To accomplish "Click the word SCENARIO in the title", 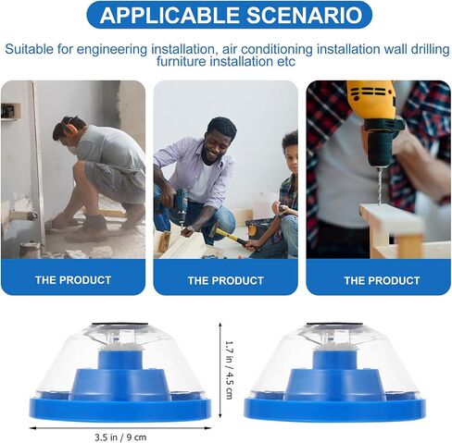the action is pos(305,15).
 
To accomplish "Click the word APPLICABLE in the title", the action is pos(169,15).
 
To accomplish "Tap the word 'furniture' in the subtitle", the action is pos(181,61).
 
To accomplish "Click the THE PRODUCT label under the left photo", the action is pos(73,280).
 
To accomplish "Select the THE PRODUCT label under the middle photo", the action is pos(226,281).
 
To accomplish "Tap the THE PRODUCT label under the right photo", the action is pos(382,281).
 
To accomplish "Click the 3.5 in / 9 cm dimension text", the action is pos(120,437).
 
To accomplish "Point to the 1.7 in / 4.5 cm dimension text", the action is pos(230,370).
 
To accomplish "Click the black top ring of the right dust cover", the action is pos(334,325).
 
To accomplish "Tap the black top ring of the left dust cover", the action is pos(120,325).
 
